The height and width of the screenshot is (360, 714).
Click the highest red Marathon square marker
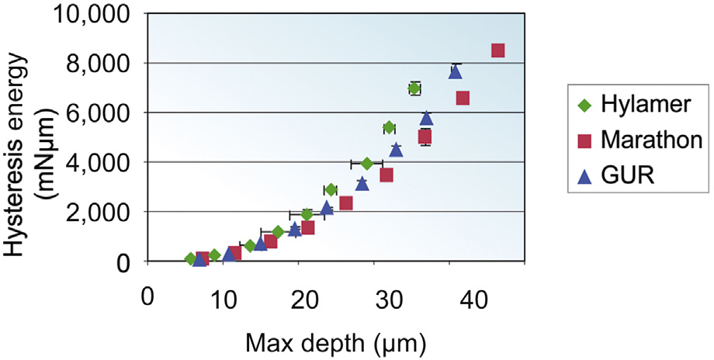point(498,50)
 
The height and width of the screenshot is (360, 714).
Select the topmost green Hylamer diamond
point(414,88)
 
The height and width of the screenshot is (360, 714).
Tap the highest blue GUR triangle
point(456,71)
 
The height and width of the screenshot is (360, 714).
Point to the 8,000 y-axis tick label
point(100,64)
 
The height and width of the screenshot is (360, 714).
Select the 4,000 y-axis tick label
point(100,162)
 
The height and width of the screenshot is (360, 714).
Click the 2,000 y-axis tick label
point(100,212)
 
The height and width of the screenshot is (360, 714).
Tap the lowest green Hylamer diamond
point(191,259)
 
